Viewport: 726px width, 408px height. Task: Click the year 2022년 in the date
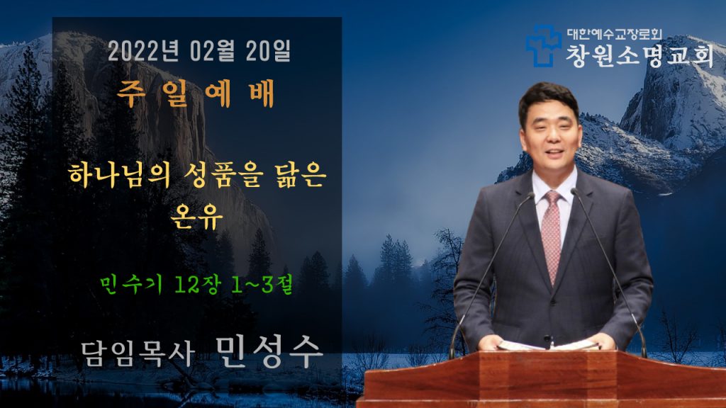coord(143,51)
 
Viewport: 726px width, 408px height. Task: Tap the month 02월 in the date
coord(212,51)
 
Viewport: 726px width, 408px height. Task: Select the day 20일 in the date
coord(268,51)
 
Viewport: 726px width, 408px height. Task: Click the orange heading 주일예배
coord(196,93)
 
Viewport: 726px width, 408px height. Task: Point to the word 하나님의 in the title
coord(119,176)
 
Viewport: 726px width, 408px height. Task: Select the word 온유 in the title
coord(196,216)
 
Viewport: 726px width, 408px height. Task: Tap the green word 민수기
coord(131,284)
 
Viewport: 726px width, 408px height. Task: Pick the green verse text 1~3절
coord(262,284)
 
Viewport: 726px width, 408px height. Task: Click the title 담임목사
coord(138,354)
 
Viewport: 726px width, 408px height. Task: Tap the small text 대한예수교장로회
coord(615,34)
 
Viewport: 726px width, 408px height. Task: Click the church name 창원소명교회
coord(640,56)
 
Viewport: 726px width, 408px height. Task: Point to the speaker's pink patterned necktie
coord(552,235)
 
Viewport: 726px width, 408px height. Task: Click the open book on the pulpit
coord(547,345)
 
